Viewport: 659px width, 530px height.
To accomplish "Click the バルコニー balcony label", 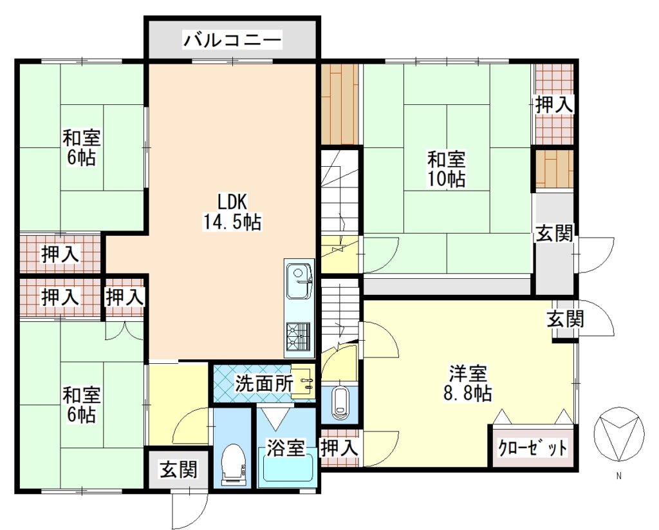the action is click(x=232, y=41).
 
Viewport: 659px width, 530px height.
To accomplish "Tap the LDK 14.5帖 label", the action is click(x=232, y=212).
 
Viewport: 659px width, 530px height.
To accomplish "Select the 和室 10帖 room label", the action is click(x=447, y=169).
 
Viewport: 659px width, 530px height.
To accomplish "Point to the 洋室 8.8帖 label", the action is click(x=468, y=383).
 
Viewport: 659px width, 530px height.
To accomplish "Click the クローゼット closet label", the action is click(x=532, y=447).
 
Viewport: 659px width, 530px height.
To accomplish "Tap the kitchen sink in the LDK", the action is click(x=299, y=280).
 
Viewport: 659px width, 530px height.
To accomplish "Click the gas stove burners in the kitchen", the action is click(x=299, y=336).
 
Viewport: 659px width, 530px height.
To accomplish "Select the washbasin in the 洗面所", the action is click(x=304, y=383).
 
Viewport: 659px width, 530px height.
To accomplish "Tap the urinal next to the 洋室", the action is click(x=340, y=403).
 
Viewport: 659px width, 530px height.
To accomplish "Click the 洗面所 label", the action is click(x=263, y=383).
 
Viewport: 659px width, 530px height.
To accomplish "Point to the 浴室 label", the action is click(x=286, y=448).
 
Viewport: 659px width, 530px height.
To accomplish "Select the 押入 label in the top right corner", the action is click(x=554, y=104).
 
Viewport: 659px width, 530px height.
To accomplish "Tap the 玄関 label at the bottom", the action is click(x=178, y=469).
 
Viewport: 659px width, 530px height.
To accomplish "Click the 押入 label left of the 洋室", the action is click(x=340, y=448).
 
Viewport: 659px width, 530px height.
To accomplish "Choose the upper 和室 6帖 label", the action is click(x=82, y=147).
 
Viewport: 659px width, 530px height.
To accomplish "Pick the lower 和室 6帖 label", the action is click(x=82, y=405).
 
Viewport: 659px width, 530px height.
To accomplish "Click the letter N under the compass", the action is click(x=618, y=476).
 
